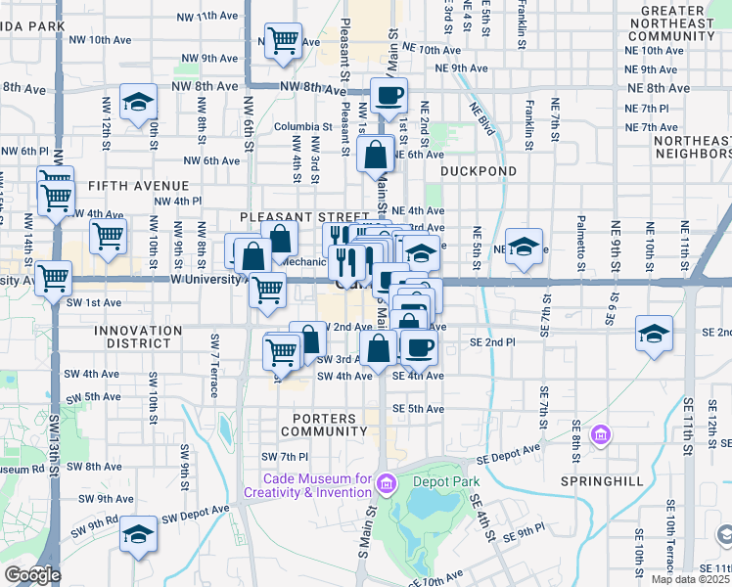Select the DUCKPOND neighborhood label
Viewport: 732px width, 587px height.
[478, 170]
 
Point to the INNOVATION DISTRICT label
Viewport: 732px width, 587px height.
[138, 338]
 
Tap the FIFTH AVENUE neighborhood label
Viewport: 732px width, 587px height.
[137, 185]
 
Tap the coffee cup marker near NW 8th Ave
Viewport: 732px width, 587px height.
[389, 95]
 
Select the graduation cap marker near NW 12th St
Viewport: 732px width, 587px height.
[139, 101]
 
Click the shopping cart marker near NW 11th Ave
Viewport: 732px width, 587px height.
[283, 41]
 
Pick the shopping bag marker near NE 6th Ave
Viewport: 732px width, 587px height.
[376, 154]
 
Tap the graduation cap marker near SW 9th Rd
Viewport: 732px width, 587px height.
[139, 534]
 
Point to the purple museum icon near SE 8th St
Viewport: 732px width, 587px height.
[601, 432]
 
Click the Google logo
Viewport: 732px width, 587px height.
[31, 574]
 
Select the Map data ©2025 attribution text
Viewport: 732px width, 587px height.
[691, 579]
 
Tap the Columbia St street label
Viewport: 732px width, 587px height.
[302, 126]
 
